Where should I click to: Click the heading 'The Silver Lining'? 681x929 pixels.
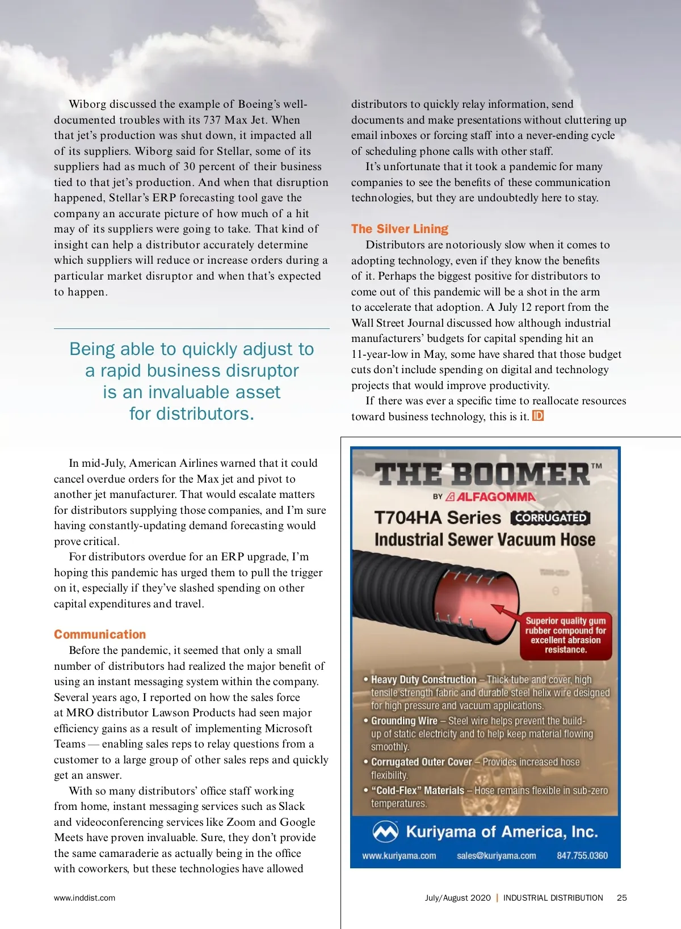point(400,229)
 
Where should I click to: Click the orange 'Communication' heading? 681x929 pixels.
point(100,634)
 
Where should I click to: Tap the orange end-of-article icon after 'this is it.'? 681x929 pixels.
point(538,416)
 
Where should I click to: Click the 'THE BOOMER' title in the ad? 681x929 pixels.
point(482,474)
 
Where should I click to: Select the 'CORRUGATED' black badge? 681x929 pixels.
point(550,517)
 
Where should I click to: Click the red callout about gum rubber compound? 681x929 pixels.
point(566,635)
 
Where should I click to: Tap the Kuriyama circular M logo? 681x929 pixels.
point(385,832)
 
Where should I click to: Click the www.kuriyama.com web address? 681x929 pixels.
point(399,855)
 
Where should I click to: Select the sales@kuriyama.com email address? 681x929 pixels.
point(496,855)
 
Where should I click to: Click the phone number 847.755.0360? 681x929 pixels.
point(582,855)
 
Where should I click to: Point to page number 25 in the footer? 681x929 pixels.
point(622,898)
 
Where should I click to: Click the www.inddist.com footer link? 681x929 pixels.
point(85,898)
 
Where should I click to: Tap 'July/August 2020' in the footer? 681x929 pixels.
point(457,898)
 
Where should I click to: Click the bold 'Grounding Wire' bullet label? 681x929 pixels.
point(404,721)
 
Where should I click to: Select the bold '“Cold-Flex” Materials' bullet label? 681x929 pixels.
point(417,791)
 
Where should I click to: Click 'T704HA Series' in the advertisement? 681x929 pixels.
point(438,517)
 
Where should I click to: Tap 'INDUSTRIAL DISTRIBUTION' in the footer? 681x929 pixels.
point(553,898)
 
